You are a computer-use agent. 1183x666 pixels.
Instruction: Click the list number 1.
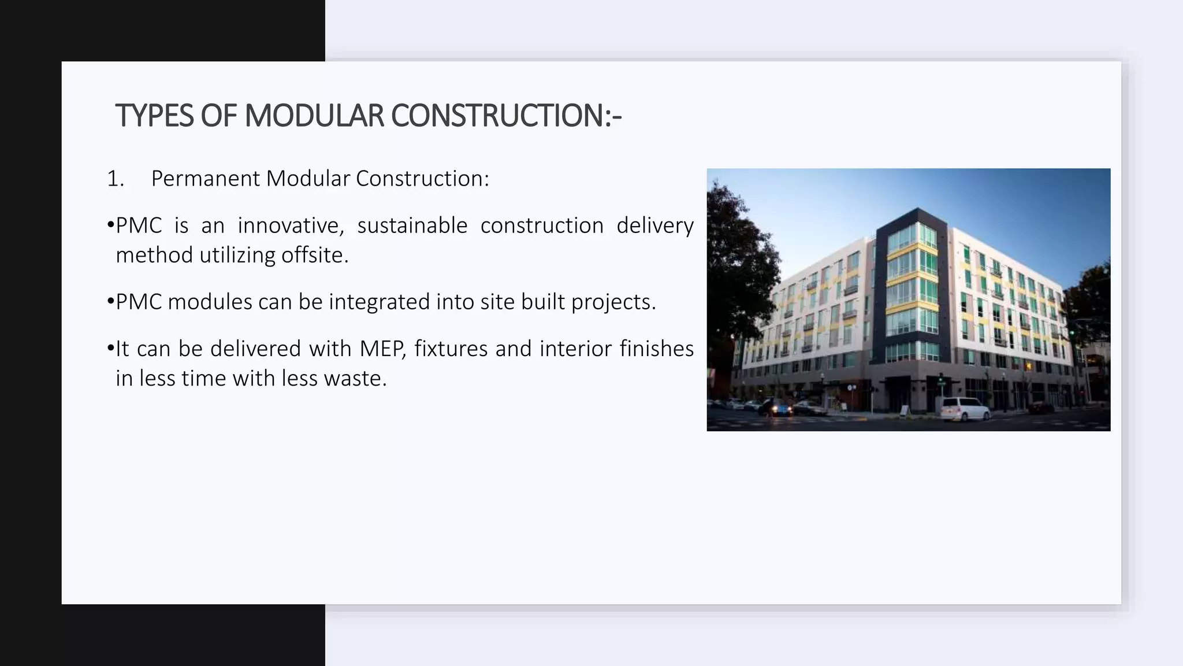[115, 179]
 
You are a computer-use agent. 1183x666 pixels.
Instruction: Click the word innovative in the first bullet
[291, 225]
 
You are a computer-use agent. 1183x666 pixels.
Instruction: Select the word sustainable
[412, 225]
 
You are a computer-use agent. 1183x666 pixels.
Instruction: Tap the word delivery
[654, 225]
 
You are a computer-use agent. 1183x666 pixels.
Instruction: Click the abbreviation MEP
[383, 349]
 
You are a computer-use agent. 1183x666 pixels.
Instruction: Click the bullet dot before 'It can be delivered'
[110, 349]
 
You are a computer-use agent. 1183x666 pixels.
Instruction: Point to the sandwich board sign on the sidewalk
[904, 411]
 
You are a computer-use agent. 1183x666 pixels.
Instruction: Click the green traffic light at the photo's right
[1072, 333]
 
